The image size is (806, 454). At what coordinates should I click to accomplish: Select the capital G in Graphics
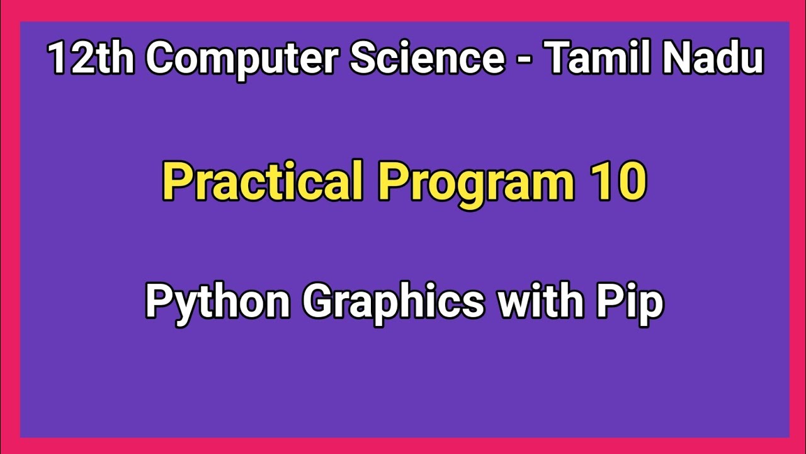pyautogui.click(x=325, y=301)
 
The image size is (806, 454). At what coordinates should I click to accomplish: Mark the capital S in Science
pyautogui.click(x=363, y=58)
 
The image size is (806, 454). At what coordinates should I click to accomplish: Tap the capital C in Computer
pyautogui.click(x=162, y=58)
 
